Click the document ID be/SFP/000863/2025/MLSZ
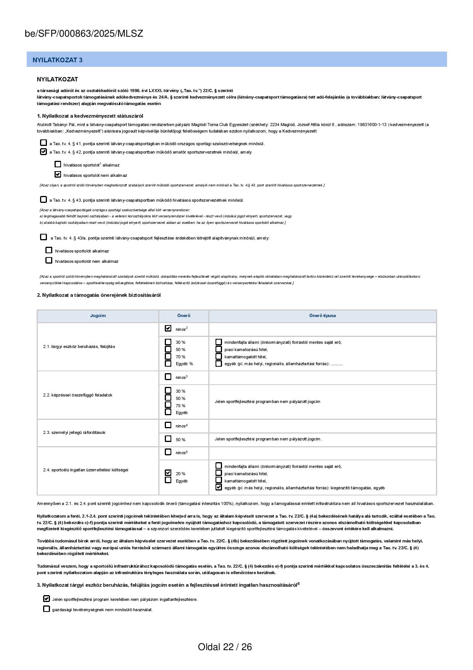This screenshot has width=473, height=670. [x=84, y=34]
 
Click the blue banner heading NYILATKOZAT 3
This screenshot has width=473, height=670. [x=58, y=60]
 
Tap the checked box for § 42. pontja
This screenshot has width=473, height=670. [x=43, y=152]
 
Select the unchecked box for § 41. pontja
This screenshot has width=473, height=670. [x=43, y=143]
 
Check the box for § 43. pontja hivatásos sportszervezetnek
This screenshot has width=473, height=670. [x=43, y=199]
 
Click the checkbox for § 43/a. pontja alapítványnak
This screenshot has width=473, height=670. [x=43, y=237]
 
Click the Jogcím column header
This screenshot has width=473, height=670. [x=98, y=316]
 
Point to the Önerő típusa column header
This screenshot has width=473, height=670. [x=322, y=316]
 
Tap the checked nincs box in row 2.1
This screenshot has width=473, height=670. [x=168, y=328]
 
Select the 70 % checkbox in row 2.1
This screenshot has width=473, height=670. [x=168, y=356]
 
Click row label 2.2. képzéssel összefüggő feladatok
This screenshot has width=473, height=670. [x=78, y=395]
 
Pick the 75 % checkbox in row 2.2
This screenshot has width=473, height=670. [x=168, y=405]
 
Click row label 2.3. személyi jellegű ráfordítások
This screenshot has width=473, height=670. [x=74, y=432]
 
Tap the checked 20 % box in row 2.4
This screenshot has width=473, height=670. [x=168, y=473]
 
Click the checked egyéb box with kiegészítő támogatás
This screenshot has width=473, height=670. [x=219, y=487]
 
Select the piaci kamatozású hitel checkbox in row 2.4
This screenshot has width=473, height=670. [x=219, y=473]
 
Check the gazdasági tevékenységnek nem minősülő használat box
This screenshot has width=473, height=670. [x=47, y=609]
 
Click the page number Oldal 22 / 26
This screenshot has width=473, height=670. [x=225, y=647]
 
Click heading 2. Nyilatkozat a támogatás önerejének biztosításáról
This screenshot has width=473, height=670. [x=99, y=295]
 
